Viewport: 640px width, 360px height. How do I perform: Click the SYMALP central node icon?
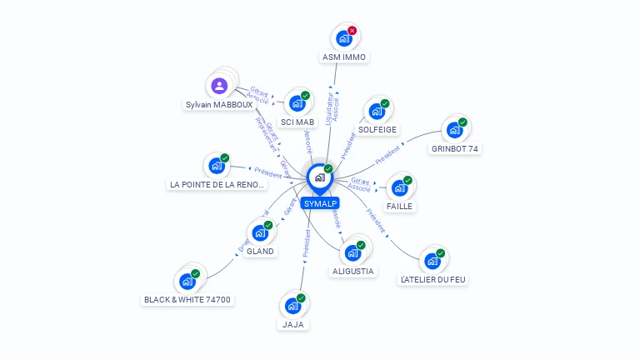(319, 177)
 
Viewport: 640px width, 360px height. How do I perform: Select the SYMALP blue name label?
(320, 203)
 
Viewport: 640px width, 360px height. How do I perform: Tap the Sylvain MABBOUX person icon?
(219, 85)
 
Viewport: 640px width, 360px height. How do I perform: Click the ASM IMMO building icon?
(343, 38)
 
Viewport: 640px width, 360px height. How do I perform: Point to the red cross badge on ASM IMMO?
(352, 31)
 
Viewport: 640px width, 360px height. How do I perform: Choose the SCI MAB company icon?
(297, 103)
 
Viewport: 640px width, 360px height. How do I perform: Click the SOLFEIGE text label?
(377, 129)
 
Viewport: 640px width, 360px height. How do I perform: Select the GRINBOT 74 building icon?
(454, 130)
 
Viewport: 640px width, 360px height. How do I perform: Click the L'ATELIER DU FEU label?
(432, 280)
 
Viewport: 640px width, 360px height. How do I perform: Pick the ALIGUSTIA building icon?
(352, 252)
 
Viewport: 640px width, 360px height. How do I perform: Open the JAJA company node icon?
(292, 305)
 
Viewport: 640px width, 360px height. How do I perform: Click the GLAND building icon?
(260, 232)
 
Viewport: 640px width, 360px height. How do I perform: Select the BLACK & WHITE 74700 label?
(187, 299)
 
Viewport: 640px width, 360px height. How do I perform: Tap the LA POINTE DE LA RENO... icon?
(217, 165)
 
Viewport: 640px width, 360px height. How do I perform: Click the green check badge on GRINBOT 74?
(462, 122)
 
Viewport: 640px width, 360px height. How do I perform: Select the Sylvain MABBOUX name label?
(218, 105)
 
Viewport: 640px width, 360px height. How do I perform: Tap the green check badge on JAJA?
(301, 297)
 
